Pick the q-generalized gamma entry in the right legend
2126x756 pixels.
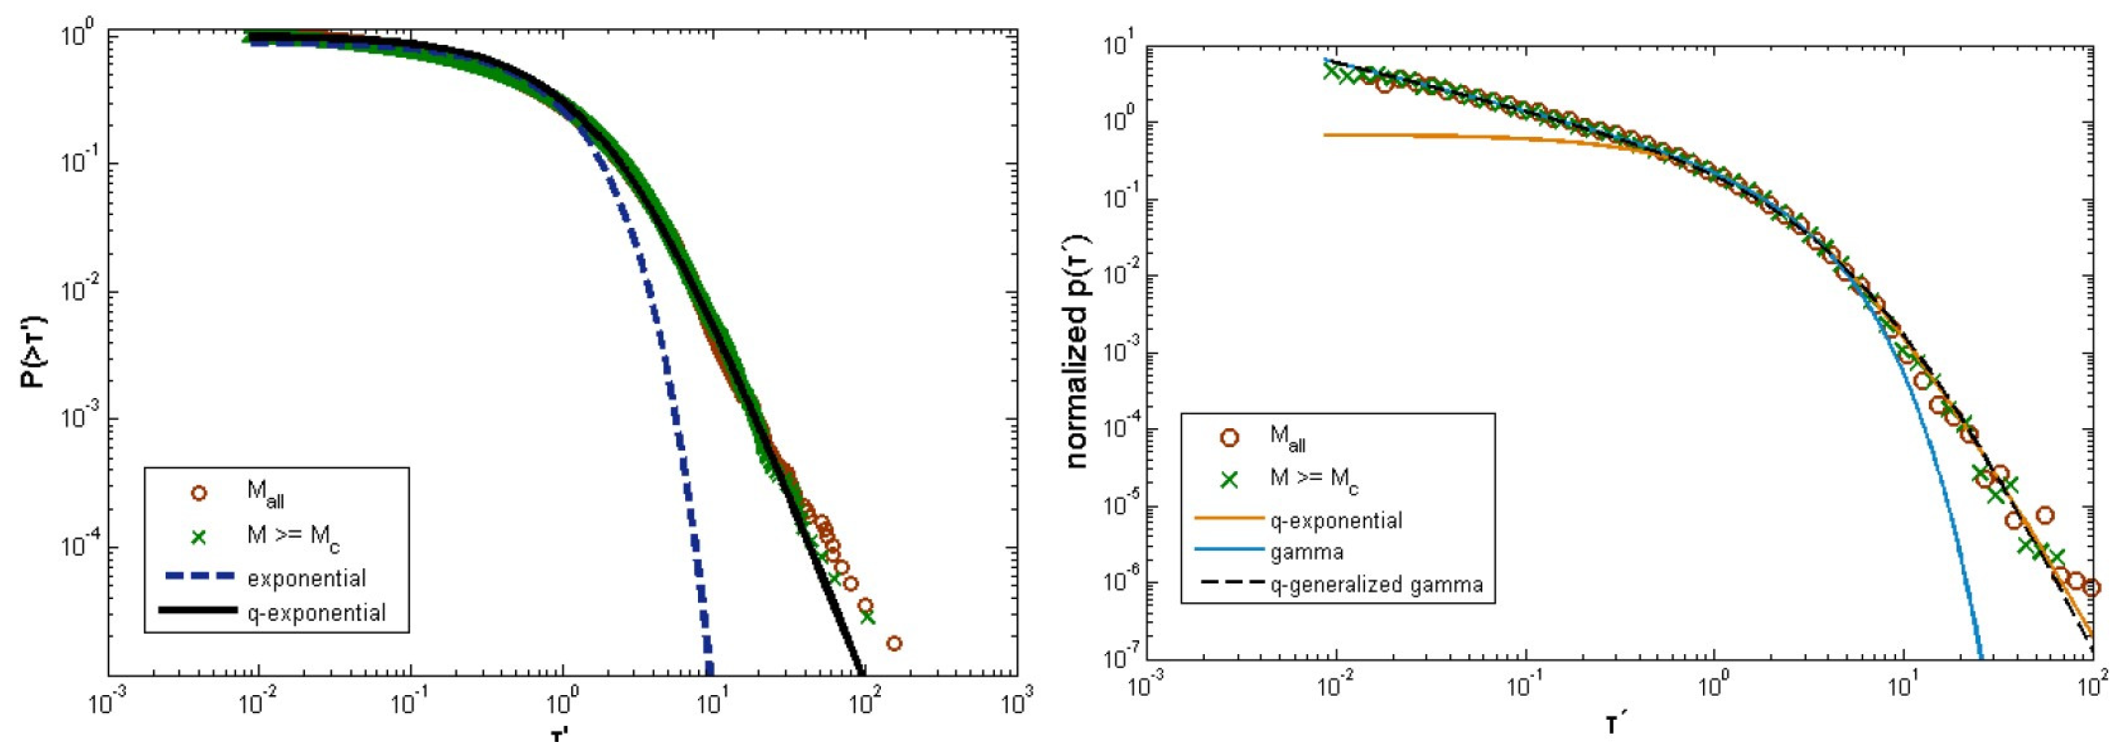point(1376,585)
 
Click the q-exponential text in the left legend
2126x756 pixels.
point(316,613)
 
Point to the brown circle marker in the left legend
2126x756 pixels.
point(198,493)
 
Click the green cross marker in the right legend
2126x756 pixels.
point(1230,479)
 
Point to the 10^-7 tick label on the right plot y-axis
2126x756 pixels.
point(1118,660)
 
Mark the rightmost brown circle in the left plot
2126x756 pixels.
point(894,643)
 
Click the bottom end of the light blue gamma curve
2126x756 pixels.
point(1981,656)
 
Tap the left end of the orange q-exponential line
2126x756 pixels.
point(1325,135)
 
